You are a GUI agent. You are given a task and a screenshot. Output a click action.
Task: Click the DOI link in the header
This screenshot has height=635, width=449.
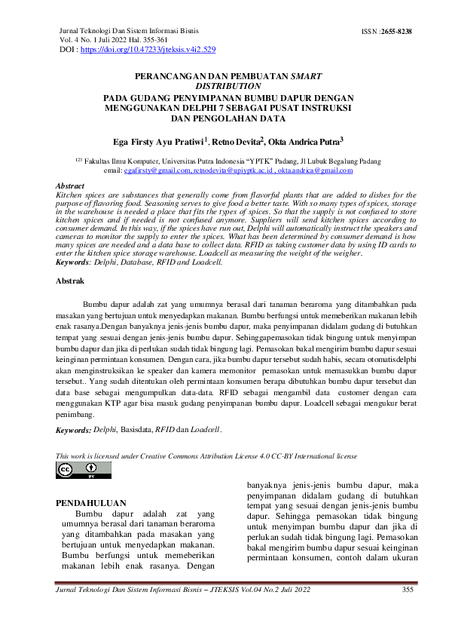(x=148, y=49)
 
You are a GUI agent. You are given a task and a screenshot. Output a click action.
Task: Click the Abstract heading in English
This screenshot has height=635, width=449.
(x=70, y=186)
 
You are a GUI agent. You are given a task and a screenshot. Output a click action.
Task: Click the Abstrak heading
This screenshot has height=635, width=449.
(x=71, y=281)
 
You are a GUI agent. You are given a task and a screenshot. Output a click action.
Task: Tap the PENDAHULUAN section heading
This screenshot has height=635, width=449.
(x=92, y=503)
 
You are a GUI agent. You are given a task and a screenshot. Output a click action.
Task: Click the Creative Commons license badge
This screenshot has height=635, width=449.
(x=84, y=471)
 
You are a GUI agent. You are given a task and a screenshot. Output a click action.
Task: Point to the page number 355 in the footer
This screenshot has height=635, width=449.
(x=408, y=589)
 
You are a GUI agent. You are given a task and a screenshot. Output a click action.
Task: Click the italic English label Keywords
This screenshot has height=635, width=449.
(x=73, y=262)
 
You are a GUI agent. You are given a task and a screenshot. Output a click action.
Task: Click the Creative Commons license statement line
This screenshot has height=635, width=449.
(x=206, y=456)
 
